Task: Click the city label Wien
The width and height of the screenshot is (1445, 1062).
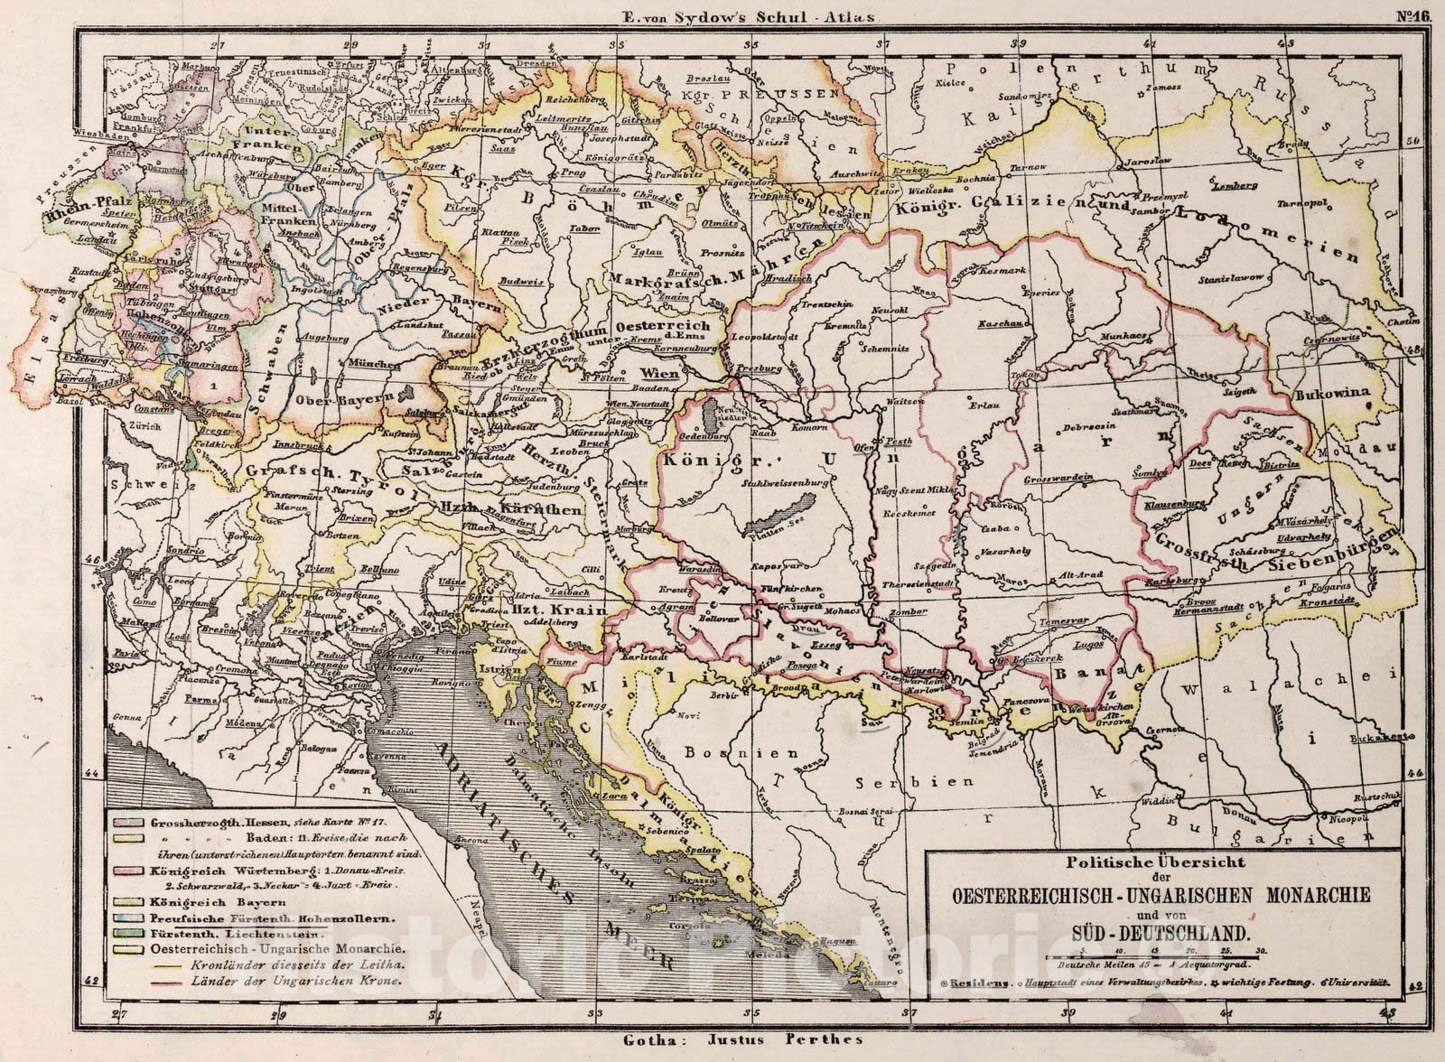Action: coord(659,373)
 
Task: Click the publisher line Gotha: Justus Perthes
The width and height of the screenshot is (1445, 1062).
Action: coord(742,1039)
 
